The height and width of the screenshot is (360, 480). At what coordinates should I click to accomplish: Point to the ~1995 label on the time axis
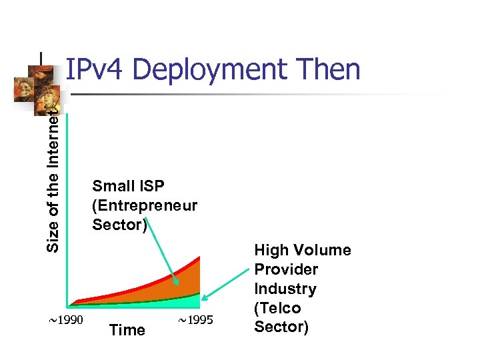tap(196, 321)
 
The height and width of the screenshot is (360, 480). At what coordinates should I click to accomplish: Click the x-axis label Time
tap(127, 330)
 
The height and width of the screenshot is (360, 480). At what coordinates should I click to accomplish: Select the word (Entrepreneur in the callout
tap(145, 205)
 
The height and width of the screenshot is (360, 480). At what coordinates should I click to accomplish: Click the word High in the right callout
tap(271, 250)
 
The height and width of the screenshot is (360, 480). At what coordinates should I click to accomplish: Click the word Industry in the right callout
tap(285, 289)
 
